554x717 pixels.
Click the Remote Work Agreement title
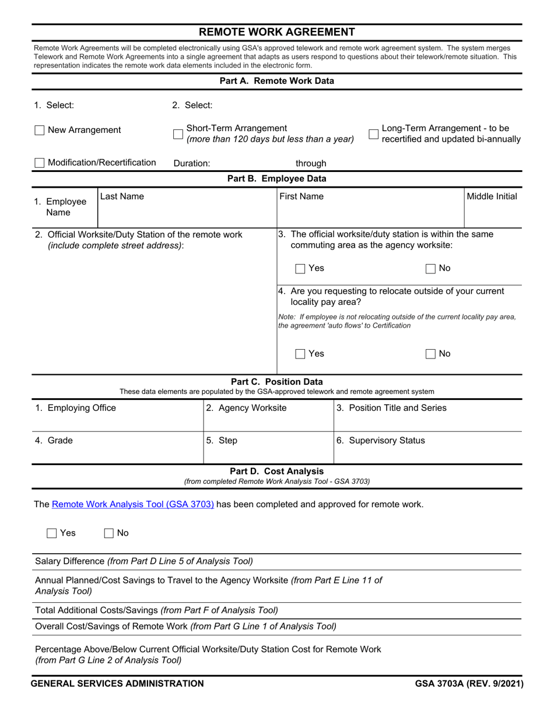(x=277, y=32)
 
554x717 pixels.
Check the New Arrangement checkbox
(x=40, y=131)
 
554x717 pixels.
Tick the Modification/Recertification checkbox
(x=40, y=163)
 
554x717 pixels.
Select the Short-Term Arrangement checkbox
(x=178, y=134)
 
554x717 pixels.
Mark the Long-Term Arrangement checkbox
(x=374, y=134)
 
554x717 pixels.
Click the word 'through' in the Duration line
(x=311, y=164)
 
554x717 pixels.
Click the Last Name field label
(x=122, y=197)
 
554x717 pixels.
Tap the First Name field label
(x=301, y=197)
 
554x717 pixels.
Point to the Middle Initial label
(x=492, y=197)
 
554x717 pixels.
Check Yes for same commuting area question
(x=300, y=269)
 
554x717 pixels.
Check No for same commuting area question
(x=431, y=269)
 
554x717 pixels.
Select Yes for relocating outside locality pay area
(x=300, y=354)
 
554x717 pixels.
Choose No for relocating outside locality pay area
(x=431, y=354)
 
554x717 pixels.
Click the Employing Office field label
(x=76, y=408)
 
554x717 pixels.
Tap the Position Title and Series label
(x=391, y=408)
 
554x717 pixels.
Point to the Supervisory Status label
(x=381, y=441)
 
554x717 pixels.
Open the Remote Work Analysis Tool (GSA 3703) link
(x=133, y=504)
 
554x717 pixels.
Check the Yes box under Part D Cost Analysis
(x=52, y=533)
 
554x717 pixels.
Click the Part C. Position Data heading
(x=277, y=382)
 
